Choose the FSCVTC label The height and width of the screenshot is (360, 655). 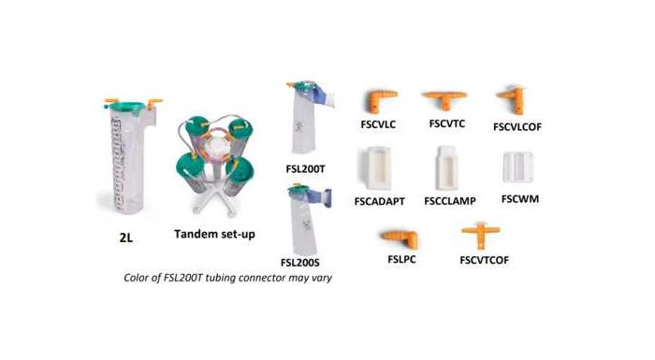pos(447,122)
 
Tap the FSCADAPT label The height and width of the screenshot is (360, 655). pos(380,199)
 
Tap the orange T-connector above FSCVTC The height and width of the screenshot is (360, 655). pos(446,97)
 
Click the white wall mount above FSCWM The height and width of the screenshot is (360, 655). pos(518,167)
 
